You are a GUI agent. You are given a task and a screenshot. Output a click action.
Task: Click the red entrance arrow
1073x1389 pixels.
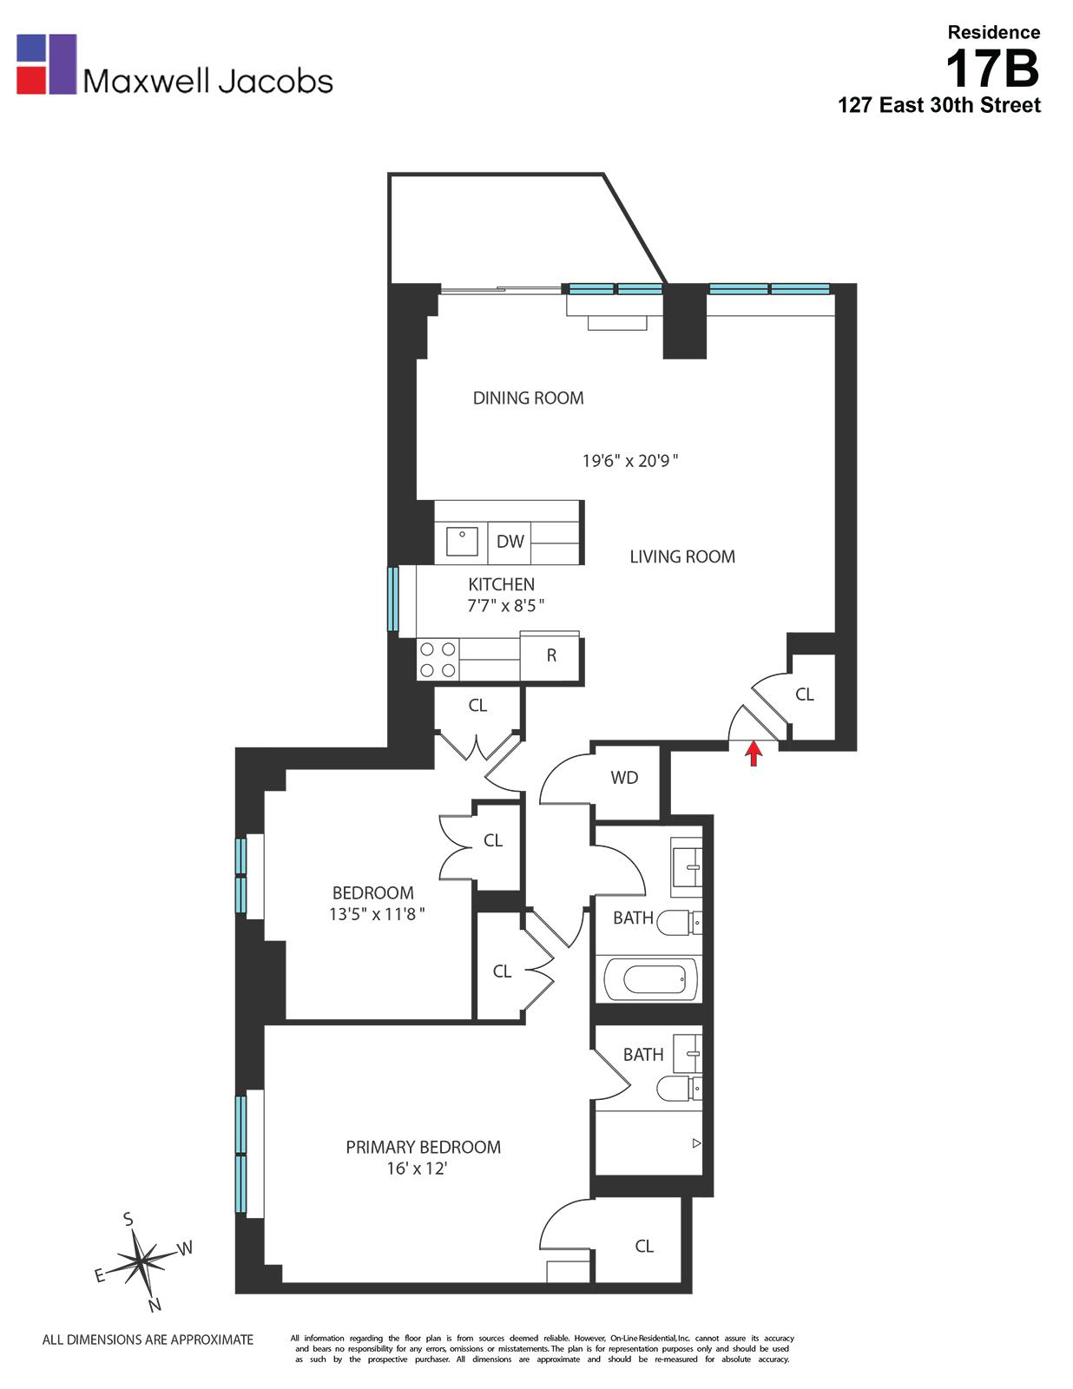754,752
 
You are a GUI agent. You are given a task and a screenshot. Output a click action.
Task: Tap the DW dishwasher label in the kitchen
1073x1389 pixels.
510,542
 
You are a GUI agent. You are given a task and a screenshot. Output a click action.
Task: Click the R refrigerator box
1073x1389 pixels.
550,656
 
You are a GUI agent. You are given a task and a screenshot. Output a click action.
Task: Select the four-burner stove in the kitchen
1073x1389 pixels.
438,660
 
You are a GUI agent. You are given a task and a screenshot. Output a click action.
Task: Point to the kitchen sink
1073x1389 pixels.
462,542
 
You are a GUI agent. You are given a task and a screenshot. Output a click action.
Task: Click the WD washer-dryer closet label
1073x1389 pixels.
624,778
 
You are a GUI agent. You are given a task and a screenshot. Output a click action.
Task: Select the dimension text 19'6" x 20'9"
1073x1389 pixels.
629,461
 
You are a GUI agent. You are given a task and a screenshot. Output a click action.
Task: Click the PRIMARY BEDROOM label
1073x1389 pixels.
423,1148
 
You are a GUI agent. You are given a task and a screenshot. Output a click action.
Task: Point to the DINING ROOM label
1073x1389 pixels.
528,398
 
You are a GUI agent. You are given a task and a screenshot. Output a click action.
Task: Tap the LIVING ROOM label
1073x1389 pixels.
682,557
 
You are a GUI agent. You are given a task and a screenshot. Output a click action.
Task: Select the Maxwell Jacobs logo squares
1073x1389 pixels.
47,64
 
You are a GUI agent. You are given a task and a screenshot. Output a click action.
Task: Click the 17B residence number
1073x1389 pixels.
992,69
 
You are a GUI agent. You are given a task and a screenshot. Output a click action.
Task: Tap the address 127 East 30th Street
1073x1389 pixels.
938,106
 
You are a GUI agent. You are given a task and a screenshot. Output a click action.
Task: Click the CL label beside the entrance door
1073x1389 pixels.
805,694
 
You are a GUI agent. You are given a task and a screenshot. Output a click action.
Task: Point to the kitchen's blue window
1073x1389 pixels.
392,599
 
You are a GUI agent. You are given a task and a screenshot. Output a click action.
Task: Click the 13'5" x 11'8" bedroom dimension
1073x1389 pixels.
376,914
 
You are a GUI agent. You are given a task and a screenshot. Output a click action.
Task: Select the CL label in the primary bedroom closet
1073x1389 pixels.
643,1247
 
